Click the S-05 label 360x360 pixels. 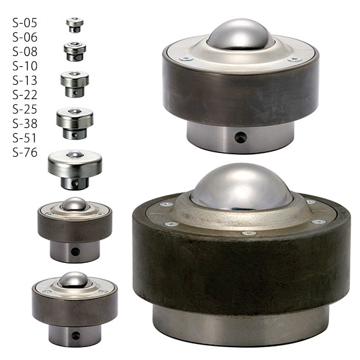click(x=25, y=23)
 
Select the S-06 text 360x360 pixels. click(x=25, y=37)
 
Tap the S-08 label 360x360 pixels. click(x=25, y=51)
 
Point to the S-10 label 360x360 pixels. click(x=25, y=66)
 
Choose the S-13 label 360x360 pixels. click(x=25, y=80)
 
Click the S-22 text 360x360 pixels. click(x=25, y=95)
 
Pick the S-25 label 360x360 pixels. click(x=25, y=109)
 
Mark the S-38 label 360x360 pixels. click(x=25, y=123)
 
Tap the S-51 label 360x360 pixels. click(x=25, y=138)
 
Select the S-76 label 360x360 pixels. click(x=25, y=152)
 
